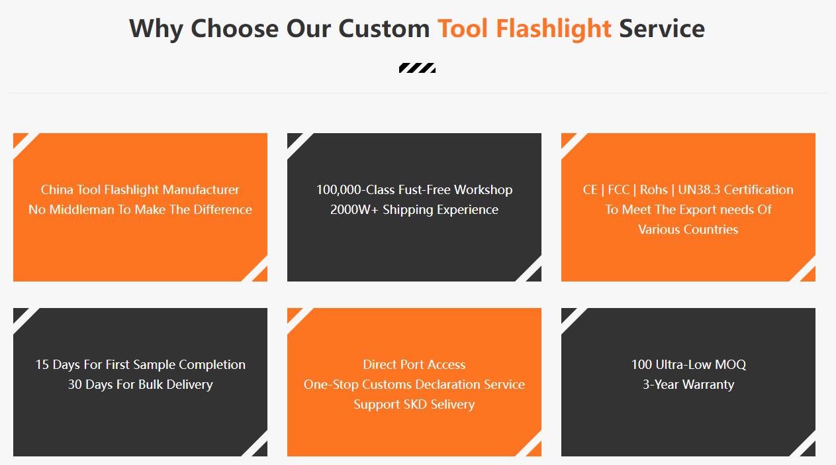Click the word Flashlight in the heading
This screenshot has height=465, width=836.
(553, 29)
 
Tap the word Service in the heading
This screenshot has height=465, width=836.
(662, 28)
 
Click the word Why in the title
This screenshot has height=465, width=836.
(156, 29)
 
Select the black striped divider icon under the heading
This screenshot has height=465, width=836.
(417, 68)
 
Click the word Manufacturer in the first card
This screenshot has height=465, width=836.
(201, 189)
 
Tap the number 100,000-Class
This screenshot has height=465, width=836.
(355, 189)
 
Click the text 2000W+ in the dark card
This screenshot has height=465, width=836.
(354, 209)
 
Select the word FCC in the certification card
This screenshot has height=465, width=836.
(619, 189)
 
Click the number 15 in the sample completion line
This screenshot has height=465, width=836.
(42, 364)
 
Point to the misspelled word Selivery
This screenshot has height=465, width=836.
(452, 405)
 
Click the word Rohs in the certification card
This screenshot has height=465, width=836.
(653, 189)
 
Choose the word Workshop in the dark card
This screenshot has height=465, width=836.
(483, 189)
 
